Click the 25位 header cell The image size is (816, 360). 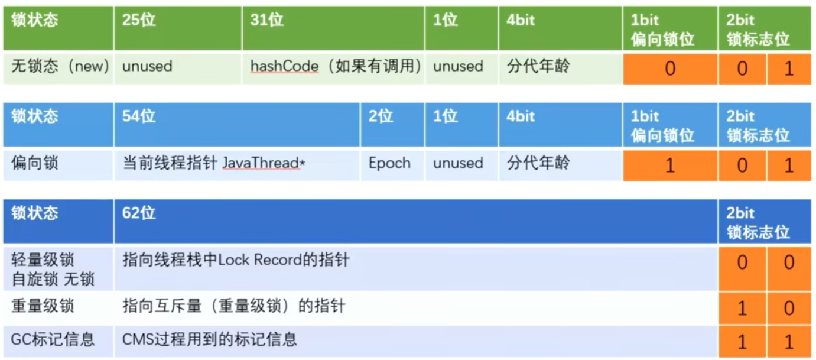point(177,28)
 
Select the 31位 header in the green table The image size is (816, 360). point(333,28)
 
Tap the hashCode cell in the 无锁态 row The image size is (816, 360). point(335,67)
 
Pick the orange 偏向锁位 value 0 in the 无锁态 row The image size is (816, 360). point(669,69)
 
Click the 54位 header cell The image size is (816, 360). point(236,125)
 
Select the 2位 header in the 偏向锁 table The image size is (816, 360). point(392,125)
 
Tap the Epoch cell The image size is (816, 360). point(389,164)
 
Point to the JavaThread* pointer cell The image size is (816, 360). point(236,164)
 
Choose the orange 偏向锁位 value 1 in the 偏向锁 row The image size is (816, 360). point(669,165)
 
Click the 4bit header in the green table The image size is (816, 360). point(560,28)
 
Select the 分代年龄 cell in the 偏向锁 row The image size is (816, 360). point(560,164)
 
